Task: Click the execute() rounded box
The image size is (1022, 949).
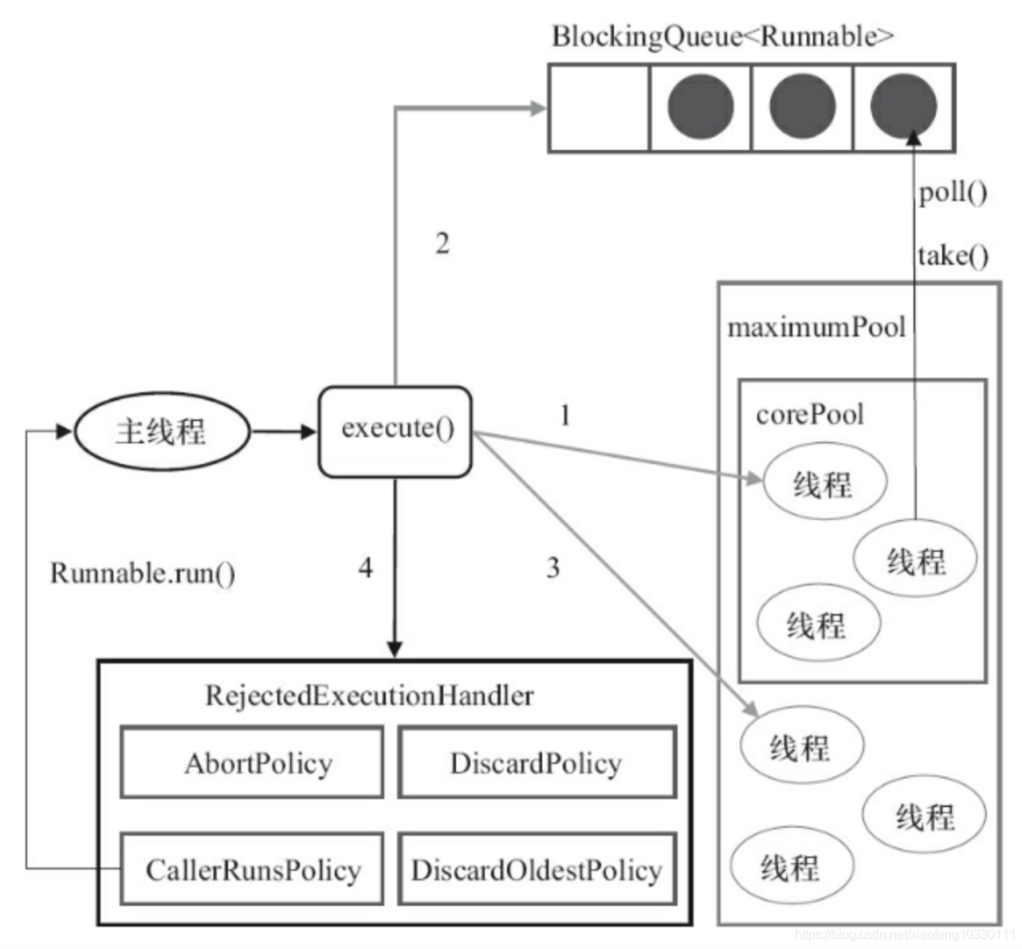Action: [x=395, y=431]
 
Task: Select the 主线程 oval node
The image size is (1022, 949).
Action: [x=162, y=431]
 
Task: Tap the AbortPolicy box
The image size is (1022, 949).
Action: [x=252, y=762]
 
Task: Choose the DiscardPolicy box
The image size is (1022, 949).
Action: [x=537, y=762]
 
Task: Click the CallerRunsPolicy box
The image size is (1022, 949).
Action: [x=252, y=868]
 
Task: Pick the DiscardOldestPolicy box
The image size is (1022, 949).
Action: [x=537, y=868]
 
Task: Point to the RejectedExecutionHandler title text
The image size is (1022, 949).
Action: [x=369, y=695]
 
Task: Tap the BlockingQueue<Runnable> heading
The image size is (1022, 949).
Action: [x=722, y=36]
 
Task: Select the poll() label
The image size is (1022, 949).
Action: [x=952, y=192]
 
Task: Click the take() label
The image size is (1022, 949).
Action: [x=952, y=255]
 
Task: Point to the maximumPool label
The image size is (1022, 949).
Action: [x=816, y=327]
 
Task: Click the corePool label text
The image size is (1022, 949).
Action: [x=809, y=414]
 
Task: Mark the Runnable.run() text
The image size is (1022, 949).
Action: [x=142, y=573]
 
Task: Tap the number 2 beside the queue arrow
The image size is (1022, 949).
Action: [x=442, y=243]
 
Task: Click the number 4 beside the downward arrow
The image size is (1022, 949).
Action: [x=365, y=568]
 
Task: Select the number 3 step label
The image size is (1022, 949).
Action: [x=552, y=568]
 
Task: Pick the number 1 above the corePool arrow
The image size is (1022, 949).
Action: [x=564, y=415]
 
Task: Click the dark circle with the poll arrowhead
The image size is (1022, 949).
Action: [x=903, y=107]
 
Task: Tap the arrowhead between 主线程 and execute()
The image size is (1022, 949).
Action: [x=309, y=431]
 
